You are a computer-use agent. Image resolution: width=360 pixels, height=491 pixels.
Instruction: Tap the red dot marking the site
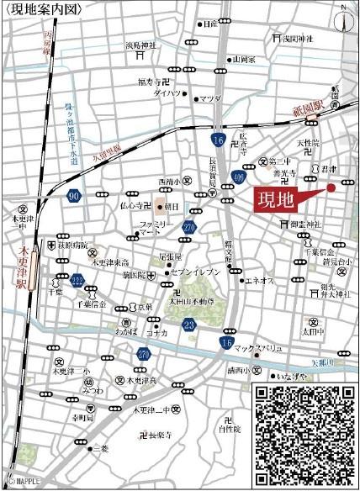click(331, 187)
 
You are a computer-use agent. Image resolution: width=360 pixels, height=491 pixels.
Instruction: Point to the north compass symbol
click(344, 17)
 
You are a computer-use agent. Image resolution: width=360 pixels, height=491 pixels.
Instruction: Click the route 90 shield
click(74, 197)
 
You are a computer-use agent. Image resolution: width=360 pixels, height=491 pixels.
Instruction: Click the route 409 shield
click(239, 177)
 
